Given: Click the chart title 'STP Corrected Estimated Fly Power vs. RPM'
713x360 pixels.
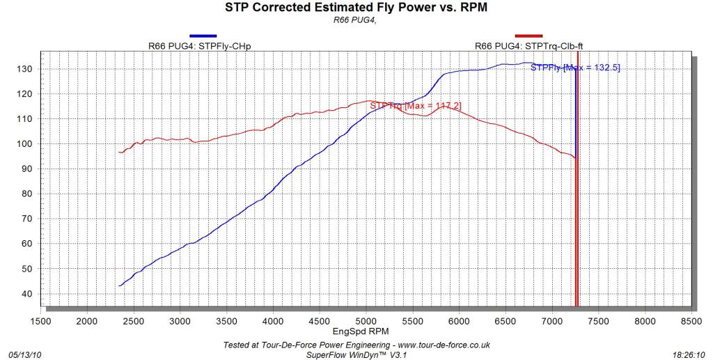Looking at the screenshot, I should [x=356, y=8].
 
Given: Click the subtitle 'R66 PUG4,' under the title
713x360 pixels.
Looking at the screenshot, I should [x=356, y=19].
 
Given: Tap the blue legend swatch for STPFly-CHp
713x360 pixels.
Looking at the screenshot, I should [x=203, y=36].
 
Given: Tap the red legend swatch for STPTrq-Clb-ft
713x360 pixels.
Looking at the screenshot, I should [x=528, y=36].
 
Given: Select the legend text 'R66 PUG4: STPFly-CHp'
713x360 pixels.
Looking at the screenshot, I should [x=200, y=46].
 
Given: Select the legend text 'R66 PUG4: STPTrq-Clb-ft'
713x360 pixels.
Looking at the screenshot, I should [x=528, y=46].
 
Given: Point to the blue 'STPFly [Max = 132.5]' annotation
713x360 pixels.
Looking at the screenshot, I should [x=575, y=68].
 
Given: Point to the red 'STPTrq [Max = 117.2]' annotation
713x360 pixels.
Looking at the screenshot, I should [x=415, y=105].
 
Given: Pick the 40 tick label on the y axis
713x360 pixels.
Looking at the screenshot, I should [x=27, y=293].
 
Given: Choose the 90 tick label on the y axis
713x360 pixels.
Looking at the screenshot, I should [x=27, y=169].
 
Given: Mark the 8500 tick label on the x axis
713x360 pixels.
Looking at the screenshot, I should [x=691, y=321].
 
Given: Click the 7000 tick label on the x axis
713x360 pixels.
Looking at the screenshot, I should [x=551, y=321].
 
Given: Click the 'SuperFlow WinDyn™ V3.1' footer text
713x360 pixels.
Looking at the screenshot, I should [x=356, y=354].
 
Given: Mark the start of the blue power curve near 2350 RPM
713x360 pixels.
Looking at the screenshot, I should [x=120, y=285].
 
